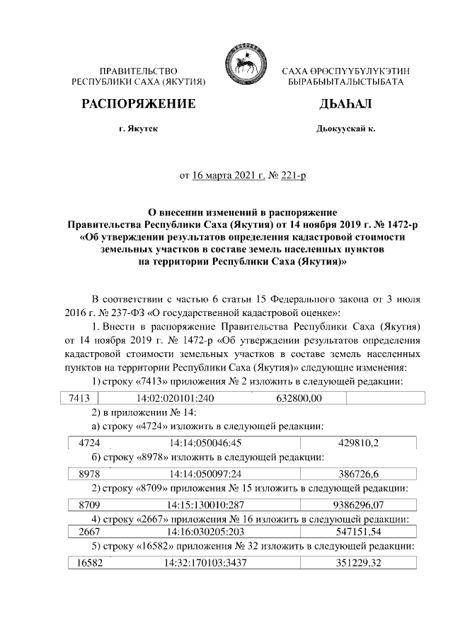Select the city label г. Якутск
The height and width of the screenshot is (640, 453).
click(139, 129)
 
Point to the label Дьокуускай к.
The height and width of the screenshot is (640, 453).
click(345, 129)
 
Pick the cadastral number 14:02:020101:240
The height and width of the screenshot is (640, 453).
click(175, 399)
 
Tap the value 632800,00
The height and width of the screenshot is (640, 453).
click(299, 399)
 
